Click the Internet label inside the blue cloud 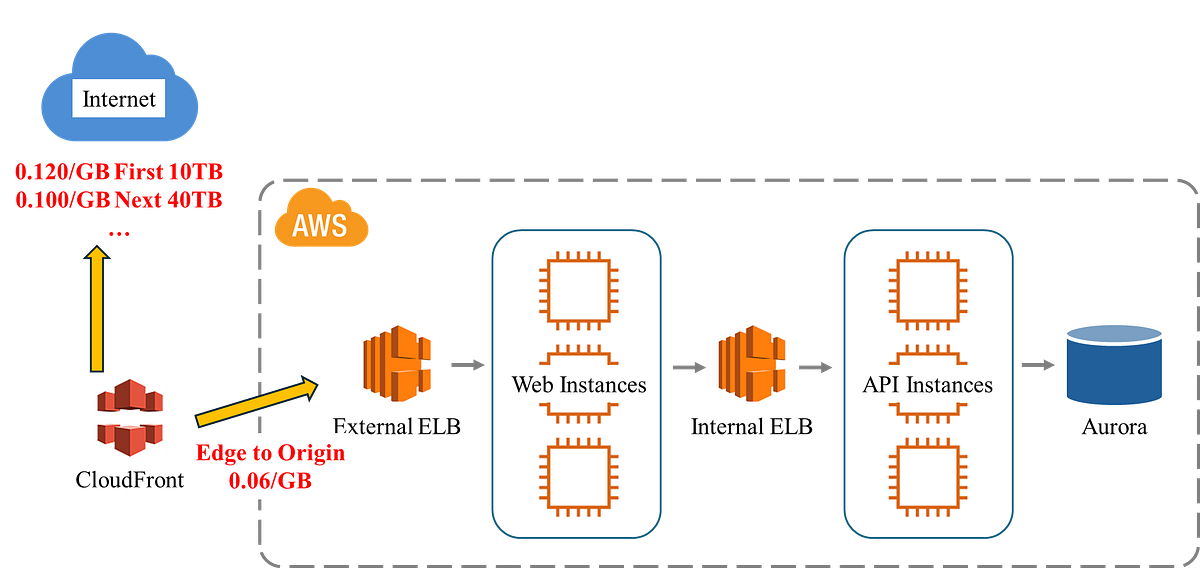tap(119, 99)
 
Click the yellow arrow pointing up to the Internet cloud tap(98, 311)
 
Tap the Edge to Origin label tap(270, 452)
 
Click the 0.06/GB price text tap(270, 481)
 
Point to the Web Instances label tap(579, 384)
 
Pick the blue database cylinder tap(1114, 364)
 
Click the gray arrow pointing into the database tap(1039, 366)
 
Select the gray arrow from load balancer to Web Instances tap(466, 366)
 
